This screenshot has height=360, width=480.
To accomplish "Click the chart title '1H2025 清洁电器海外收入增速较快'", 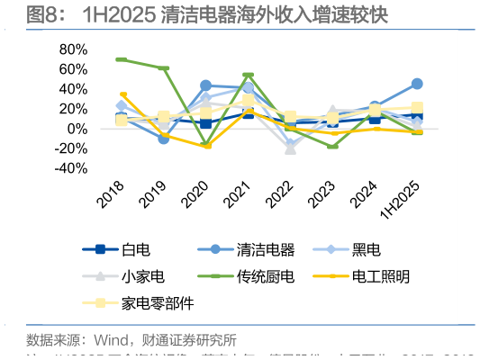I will click(234, 15).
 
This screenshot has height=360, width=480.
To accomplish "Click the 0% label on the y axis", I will click(77, 129).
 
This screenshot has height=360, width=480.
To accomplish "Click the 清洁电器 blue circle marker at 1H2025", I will click(417, 84).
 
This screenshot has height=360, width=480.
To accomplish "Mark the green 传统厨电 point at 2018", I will click(122, 59).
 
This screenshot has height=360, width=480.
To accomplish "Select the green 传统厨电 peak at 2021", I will click(248, 76).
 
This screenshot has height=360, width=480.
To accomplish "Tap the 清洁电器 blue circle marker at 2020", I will click(205, 85).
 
